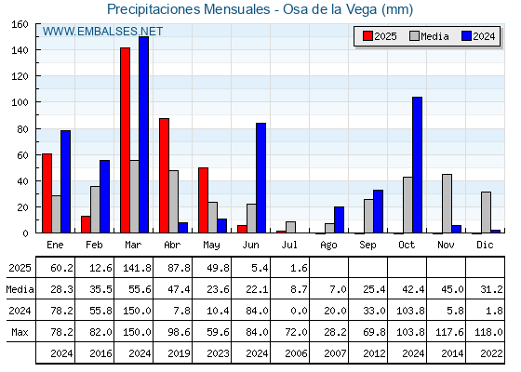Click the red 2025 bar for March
(x=126, y=140)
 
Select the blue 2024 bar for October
(x=418, y=166)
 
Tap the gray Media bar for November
(x=447, y=204)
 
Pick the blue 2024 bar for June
(x=260, y=178)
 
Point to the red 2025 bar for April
(x=164, y=176)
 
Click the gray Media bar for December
(x=486, y=213)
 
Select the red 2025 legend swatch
(x=367, y=36)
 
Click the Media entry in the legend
(x=429, y=36)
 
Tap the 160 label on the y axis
(x=20, y=24)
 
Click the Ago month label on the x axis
(x=328, y=246)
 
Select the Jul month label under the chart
(x=289, y=245)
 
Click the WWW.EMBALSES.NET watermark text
(x=102, y=32)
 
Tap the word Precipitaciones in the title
(x=154, y=9)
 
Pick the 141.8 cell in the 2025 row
(x=138, y=268)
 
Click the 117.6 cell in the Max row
(x=450, y=332)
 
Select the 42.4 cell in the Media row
(x=413, y=289)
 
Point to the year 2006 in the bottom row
(x=297, y=353)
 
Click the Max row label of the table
(x=20, y=332)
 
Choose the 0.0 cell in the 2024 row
(x=299, y=311)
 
